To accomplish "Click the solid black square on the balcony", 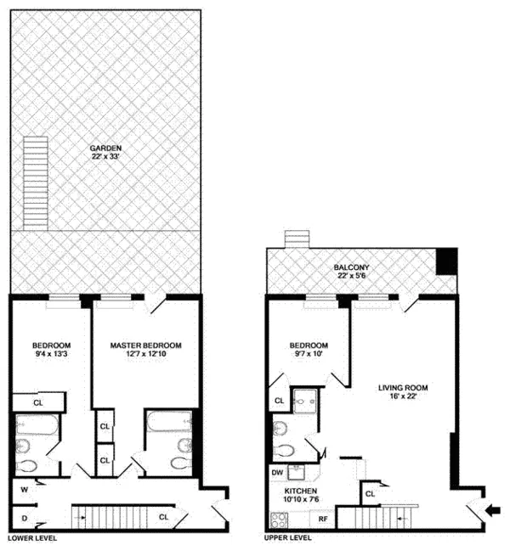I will coord(445,261).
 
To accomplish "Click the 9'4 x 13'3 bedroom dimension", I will coord(51,356).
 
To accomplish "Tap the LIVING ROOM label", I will coord(402,388).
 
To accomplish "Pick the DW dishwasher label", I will coord(277,472).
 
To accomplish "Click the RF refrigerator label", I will coord(323,517).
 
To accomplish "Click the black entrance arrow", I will coord(492,511).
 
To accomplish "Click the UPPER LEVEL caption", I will coord(286,538).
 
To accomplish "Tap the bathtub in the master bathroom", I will coord(161,422).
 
